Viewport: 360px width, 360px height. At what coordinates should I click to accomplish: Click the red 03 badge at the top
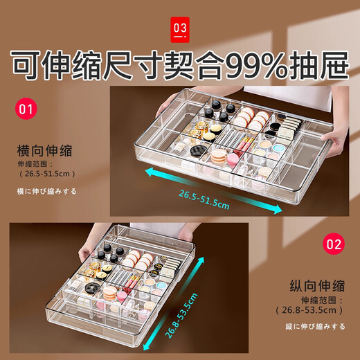(x=180, y=28)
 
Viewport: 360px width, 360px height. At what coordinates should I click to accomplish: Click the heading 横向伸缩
(x=45, y=150)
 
